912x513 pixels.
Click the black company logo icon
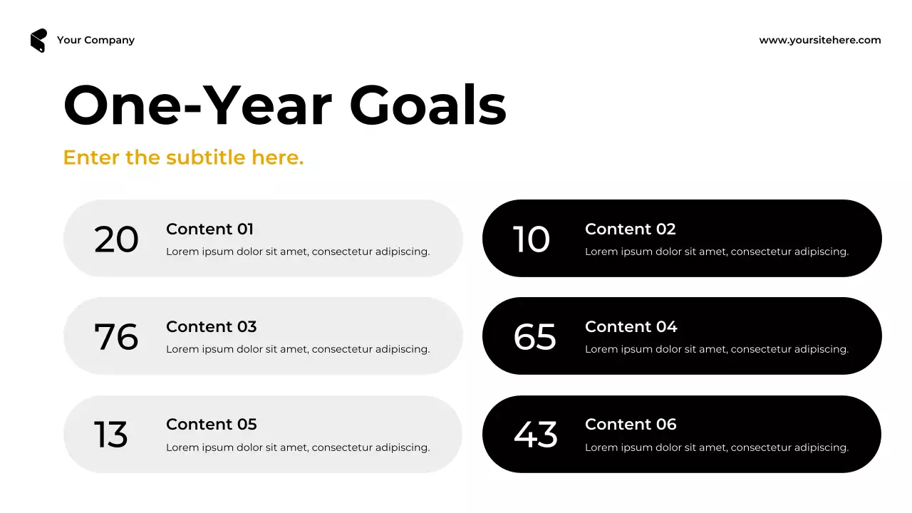click(x=38, y=41)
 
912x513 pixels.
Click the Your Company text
click(x=95, y=40)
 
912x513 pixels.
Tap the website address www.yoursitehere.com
click(x=820, y=40)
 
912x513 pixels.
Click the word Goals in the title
click(x=427, y=105)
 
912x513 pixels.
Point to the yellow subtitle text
click(x=183, y=157)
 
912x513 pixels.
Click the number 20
click(x=116, y=239)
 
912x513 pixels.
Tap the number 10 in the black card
click(x=532, y=239)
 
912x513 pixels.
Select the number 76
click(x=116, y=337)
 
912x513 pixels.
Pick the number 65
click(x=534, y=337)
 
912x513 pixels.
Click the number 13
click(x=111, y=435)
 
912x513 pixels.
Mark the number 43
click(x=535, y=435)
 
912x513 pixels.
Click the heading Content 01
click(x=209, y=229)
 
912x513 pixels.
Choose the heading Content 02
click(x=630, y=229)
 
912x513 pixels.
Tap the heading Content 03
click(x=211, y=327)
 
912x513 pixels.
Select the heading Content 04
click(x=631, y=327)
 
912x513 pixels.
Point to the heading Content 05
click(x=211, y=425)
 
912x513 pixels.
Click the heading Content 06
click(x=631, y=425)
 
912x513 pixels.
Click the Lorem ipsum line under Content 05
click(x=298, y=447)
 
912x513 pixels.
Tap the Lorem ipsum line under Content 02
click(x=717, y=252)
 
